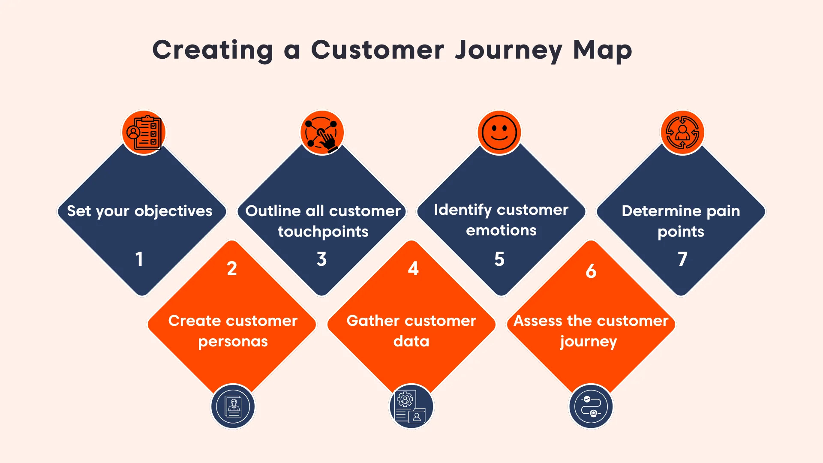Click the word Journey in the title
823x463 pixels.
508,51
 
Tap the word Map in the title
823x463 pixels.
602,51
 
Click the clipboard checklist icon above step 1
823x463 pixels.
144,132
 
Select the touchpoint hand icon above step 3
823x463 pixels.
322,132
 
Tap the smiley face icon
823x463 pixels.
499,132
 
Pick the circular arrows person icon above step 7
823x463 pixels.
682,132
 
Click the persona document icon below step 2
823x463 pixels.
233,406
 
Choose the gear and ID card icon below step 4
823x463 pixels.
411,406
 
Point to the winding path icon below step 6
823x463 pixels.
591,406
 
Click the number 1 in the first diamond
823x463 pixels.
139,259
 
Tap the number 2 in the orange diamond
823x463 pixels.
232,269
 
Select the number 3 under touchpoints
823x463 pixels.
322,259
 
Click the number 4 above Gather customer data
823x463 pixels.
413,269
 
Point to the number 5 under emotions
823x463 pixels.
499,259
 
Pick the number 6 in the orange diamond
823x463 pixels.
591,271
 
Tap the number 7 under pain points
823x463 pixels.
682,259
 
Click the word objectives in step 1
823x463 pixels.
173,211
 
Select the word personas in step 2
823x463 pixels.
233,342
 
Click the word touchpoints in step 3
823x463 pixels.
323,231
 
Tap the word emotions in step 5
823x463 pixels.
501,231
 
